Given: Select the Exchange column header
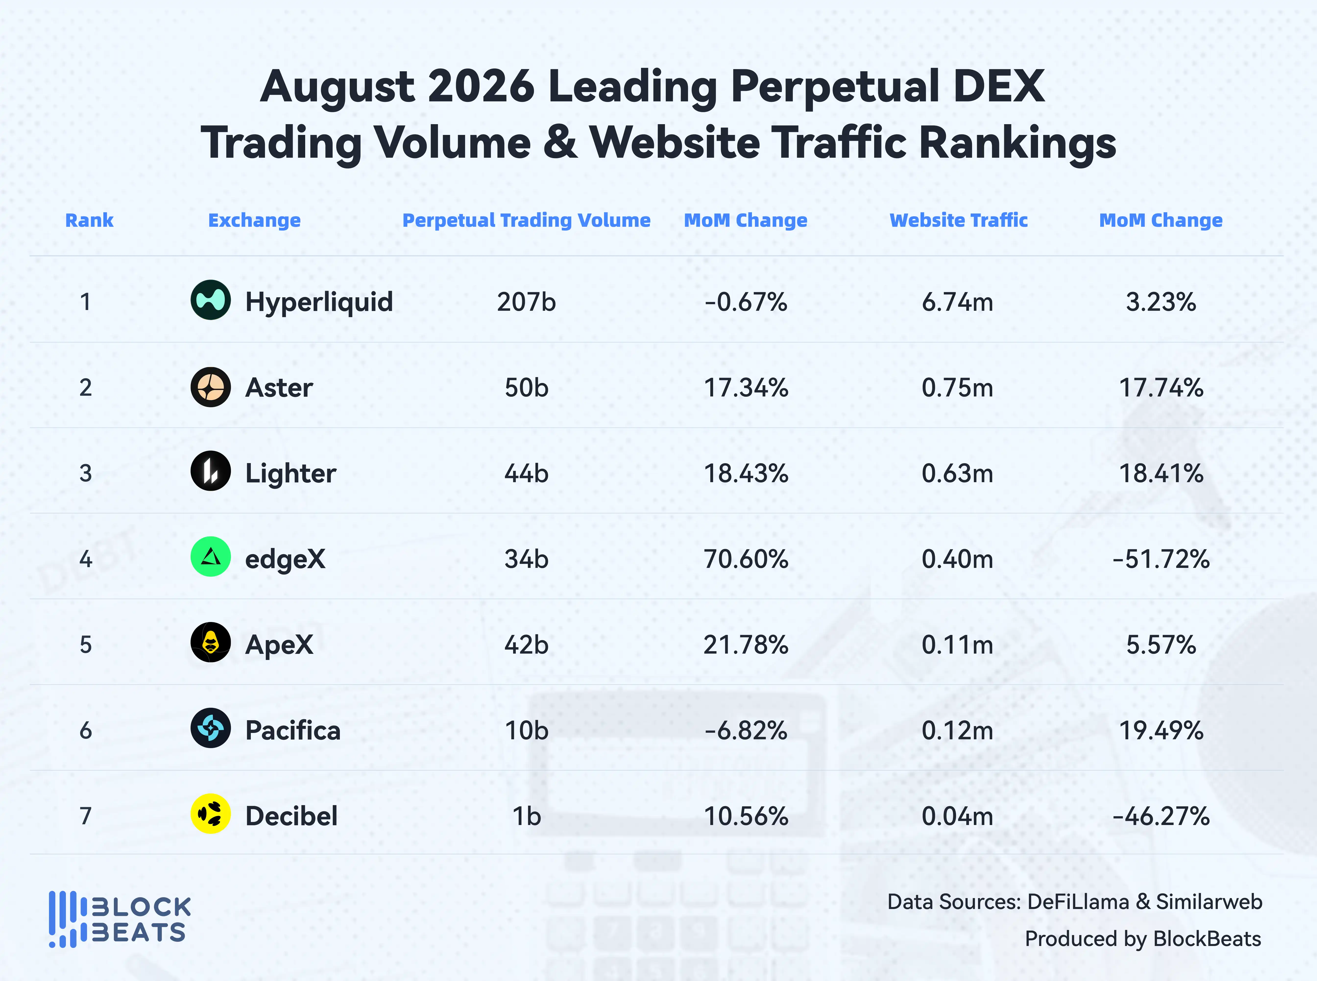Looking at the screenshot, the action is point(254,220).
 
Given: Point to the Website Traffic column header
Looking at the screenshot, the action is point(958,220).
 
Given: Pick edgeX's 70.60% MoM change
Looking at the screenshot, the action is point(746,559).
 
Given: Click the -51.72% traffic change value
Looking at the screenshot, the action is point(1161,559).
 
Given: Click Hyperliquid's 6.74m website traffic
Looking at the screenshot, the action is point(957,302).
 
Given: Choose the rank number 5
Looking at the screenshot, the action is point(86,645).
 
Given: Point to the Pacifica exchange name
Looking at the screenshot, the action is point(293,730).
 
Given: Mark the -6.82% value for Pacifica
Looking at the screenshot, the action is point(746,730).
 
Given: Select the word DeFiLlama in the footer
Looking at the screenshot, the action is point(1078,902).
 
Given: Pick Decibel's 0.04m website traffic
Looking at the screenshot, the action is point(957,816).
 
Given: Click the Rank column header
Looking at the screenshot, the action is point(89,220).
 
